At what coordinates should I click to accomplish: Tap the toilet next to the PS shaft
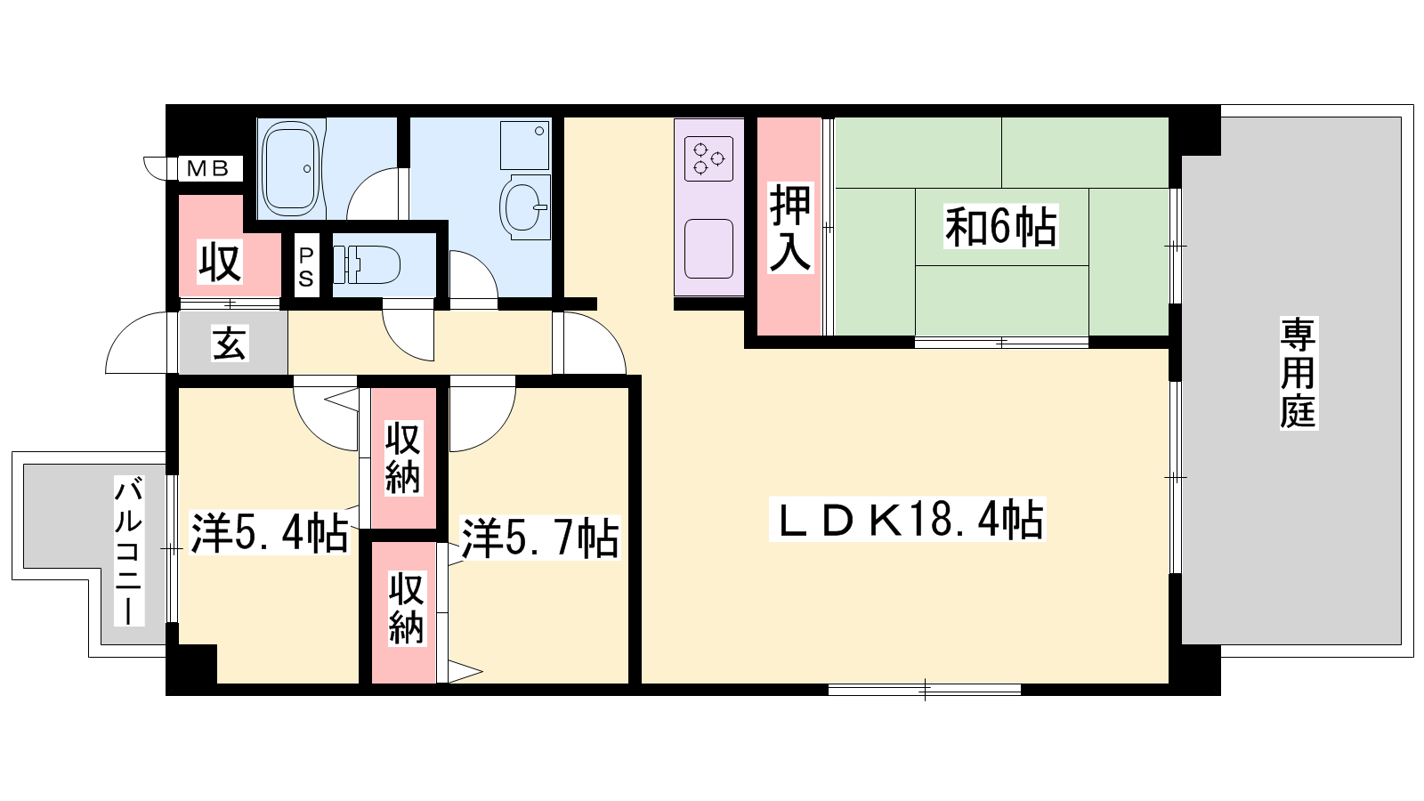[366, 264]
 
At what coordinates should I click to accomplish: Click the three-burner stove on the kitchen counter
[708, 158]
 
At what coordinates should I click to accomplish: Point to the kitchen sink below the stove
[708, 248]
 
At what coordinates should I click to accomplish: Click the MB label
[207, 168]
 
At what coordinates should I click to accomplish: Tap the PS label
[306, 267]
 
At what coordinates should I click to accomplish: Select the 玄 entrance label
[229, 344]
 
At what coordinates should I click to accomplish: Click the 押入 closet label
[789, 228]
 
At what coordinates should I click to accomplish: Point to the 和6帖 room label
[1000, 226]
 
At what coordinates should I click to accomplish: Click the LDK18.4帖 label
[908, 520]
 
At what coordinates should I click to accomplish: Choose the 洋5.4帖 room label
[270, 533]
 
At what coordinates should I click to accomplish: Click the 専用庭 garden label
[1299, 373]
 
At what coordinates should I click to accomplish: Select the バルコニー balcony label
[129, 551]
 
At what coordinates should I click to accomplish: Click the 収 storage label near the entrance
[220, 262]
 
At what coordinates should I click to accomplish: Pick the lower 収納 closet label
[406, 609]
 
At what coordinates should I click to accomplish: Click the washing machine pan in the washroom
[524, 146]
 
